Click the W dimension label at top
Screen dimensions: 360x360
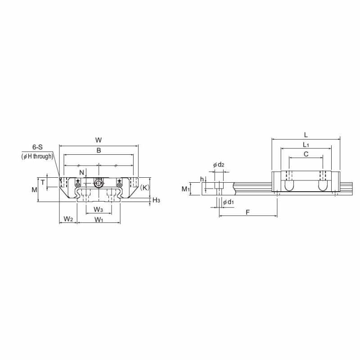click(99, 140)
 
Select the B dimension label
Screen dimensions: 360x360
click(99, 150)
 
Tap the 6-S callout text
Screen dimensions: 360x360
click(37, 147)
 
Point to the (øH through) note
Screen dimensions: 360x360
click(37, 157)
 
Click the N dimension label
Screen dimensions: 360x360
click(82, 172)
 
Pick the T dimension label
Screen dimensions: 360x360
click(43, 183)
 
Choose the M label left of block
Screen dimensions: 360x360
click(34, 189)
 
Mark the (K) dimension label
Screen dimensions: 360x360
click(144, 188)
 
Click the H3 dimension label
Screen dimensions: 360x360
click(156, 200)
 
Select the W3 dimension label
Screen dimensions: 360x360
click(98, 209)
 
